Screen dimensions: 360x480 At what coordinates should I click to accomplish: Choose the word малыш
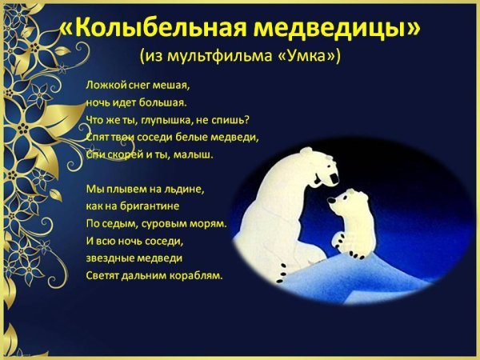point(195,154)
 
